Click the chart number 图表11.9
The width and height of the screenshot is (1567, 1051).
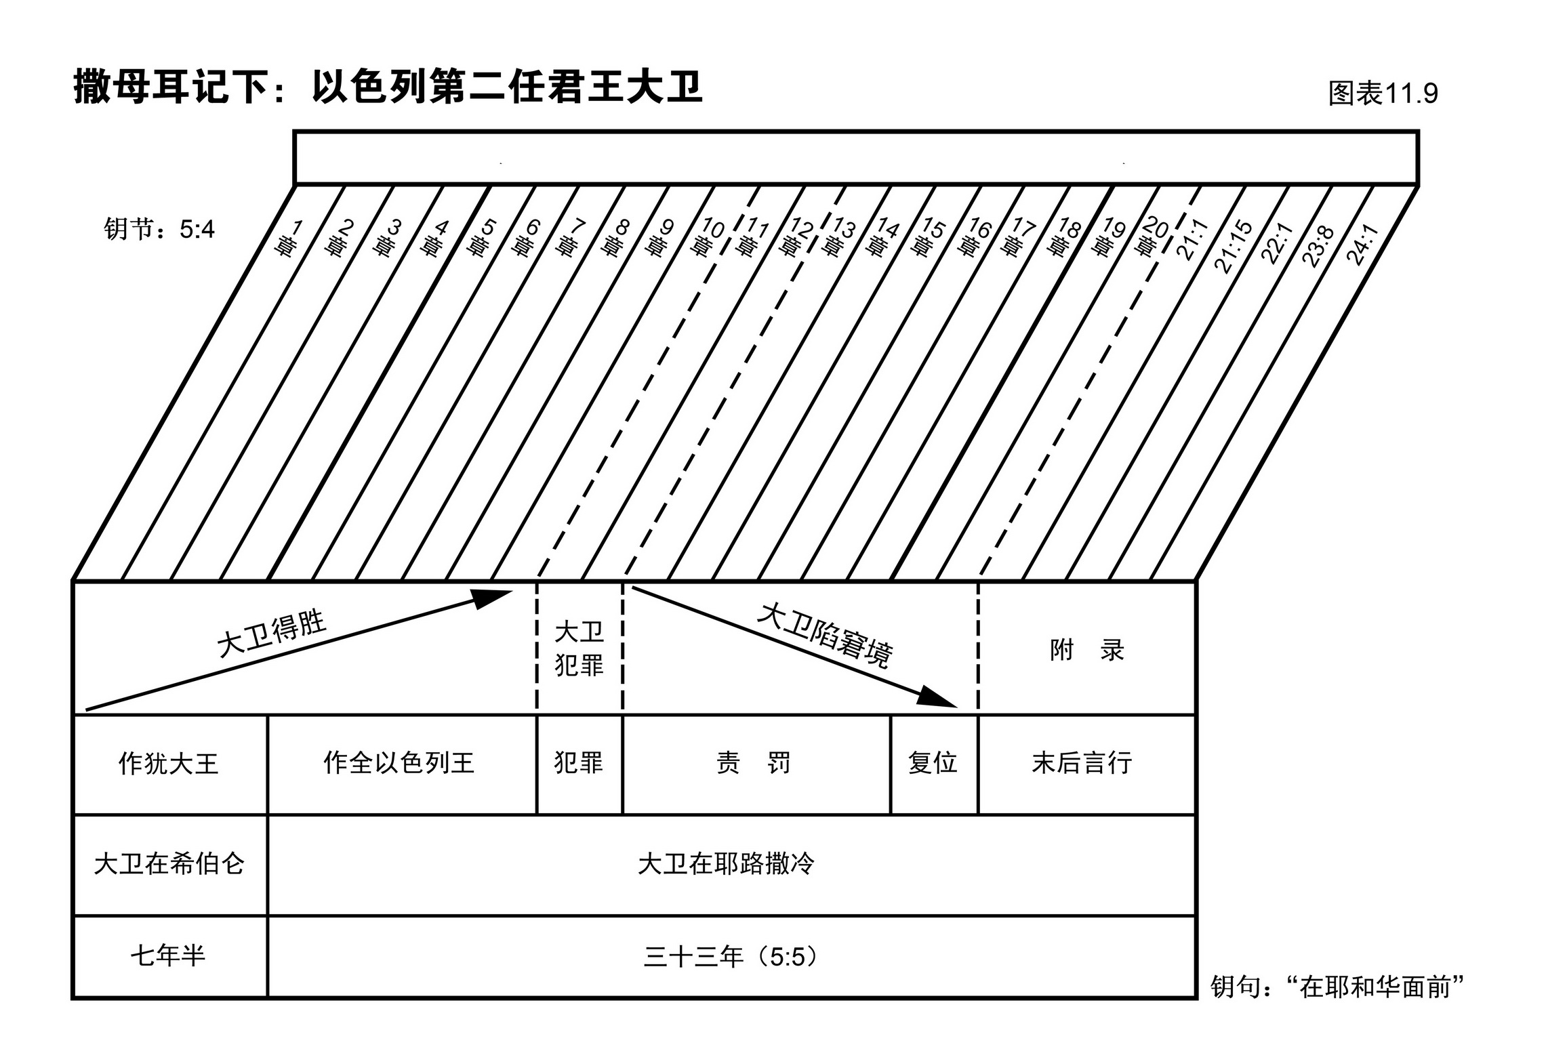(1383, 94)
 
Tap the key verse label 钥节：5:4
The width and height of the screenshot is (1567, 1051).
(159, 230)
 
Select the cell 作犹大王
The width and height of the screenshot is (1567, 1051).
(169, 764)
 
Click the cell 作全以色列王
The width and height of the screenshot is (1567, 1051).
(399, 763)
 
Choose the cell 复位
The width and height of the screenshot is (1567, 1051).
(933, 763)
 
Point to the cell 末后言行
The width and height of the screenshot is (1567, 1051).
(1082, 763)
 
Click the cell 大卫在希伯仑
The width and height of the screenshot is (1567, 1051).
(169, 864)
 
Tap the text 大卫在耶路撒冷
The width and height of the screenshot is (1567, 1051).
(726, 864)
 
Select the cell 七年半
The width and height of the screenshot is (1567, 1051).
(168, 956)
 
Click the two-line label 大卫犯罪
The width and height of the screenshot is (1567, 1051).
(579, 648)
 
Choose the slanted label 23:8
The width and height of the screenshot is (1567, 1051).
(1318, 246)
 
